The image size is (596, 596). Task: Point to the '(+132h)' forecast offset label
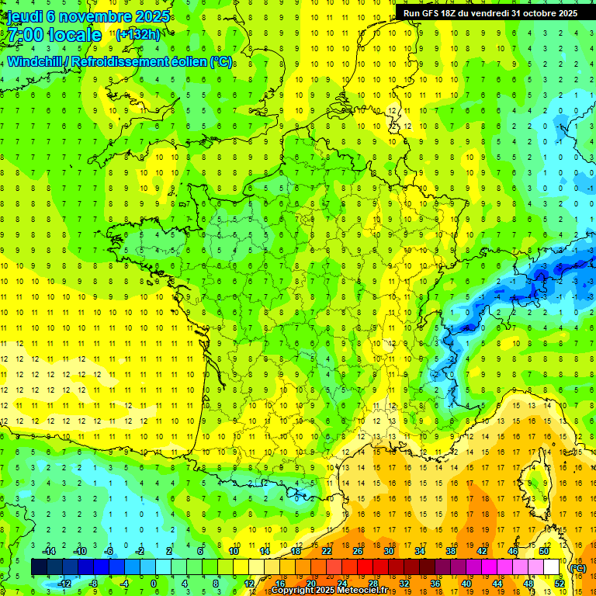tap(137, 34)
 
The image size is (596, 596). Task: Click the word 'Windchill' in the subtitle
tap(36, 61)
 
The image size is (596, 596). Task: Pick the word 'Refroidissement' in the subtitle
tap(126, 61)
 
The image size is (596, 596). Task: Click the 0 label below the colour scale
tap(154, 584)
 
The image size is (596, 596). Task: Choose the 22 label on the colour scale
tap(327, 551)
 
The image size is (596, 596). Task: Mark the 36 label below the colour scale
tap(435, 584)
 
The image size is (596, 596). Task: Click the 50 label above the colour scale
tap(544, 551)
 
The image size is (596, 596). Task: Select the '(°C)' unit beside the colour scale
tap(577, 568)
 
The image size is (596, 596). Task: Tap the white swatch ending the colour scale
tap(552, 567)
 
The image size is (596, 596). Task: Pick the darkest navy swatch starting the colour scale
tap(39, 567)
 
